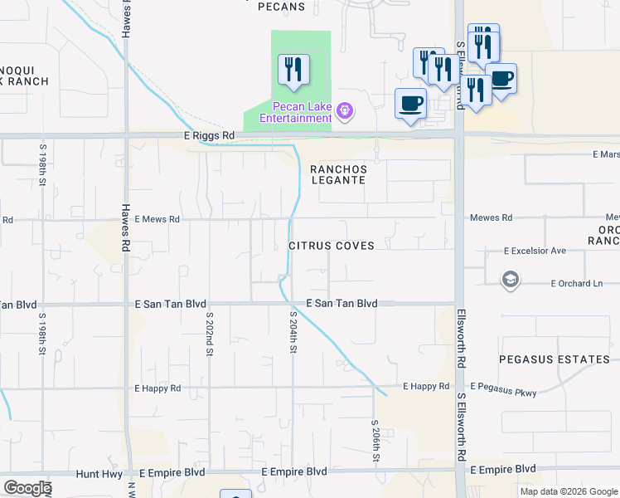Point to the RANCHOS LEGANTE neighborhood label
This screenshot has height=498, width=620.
[x=337, y=173]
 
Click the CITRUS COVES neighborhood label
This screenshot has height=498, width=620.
[x=332, y=246]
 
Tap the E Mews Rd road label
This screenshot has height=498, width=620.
[x=157, y=220]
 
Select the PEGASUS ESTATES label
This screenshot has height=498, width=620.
[x=555, y=359]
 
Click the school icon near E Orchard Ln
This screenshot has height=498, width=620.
[x=511, y=280]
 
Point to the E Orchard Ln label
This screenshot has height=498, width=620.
[x=577, y=284]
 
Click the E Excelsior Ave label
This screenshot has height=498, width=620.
[x=535, y=251]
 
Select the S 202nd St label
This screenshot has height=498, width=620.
[x=210, y=333]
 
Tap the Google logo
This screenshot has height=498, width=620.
[x=27, y=488]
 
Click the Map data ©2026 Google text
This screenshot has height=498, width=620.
[x=569, y=491]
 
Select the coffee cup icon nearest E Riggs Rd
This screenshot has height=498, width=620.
[x=409, y=104]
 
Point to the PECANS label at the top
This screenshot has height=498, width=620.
[x=281, y=7]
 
